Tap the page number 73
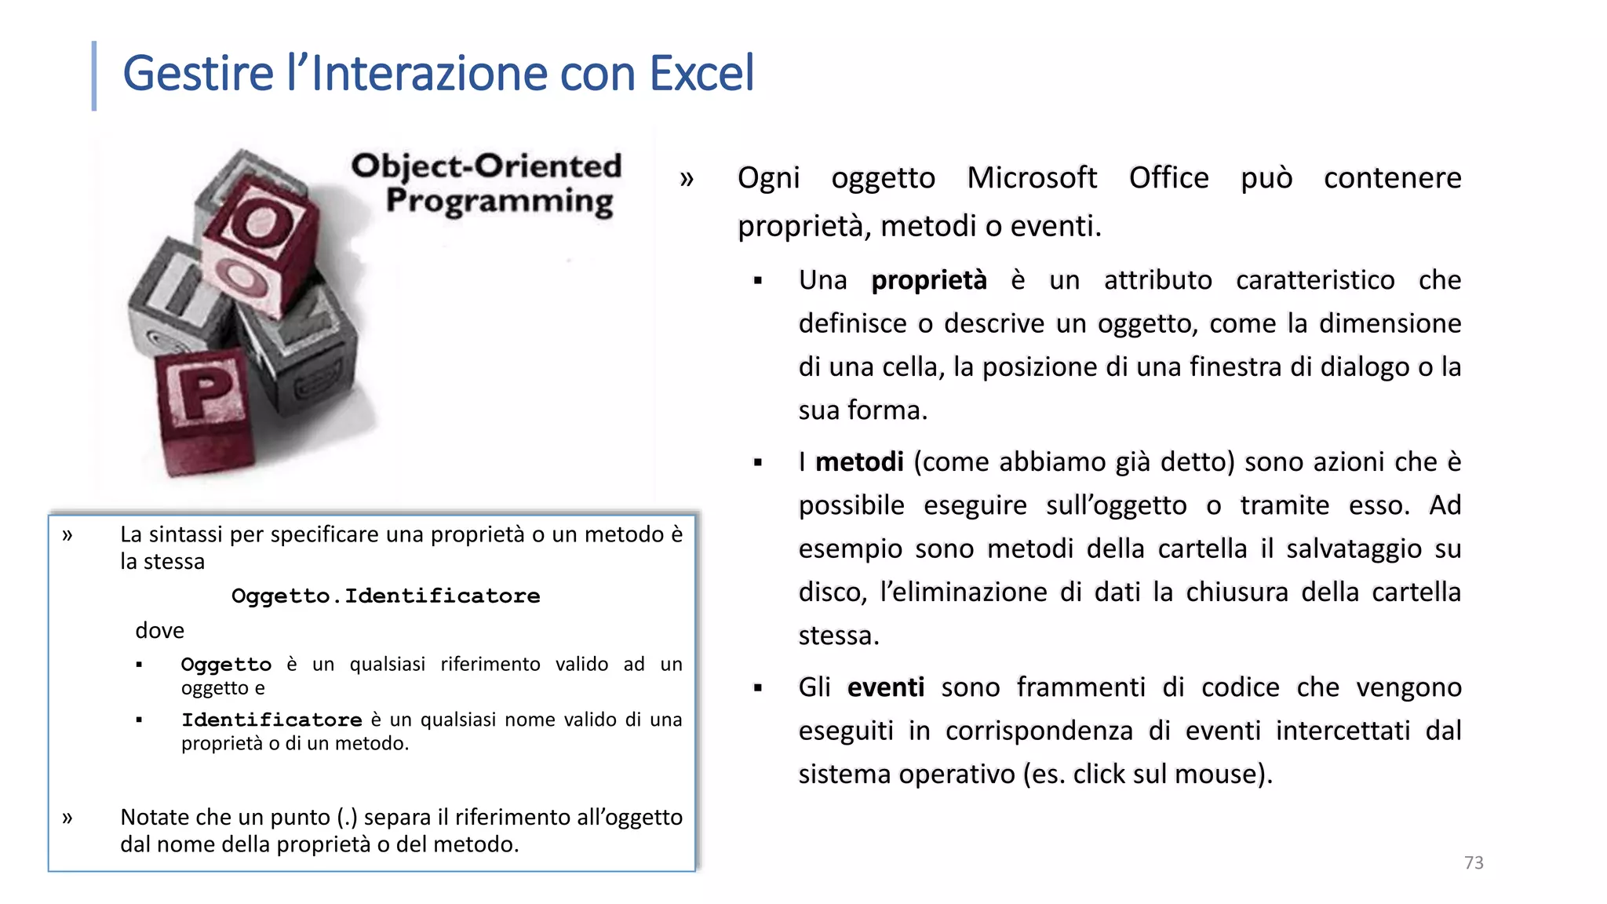click(1474, 862)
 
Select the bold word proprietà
click(929, 280)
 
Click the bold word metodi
click(859, 461)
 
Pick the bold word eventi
click(886, 687)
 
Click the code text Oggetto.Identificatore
click(385, 596)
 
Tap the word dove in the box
click(159, 630)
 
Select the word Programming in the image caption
click(499, 201)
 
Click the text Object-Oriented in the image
click(486, 166)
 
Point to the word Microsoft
click(1031, 178)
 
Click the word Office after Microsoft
click(1168, 178)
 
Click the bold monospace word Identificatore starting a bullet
click(271, 720)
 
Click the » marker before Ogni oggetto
click(687, 179)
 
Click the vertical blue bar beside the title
click(94, 75)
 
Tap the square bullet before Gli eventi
click(758, 688)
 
